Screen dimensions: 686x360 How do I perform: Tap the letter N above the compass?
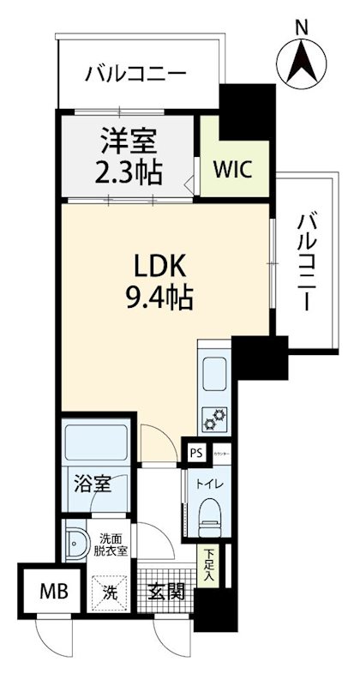302,27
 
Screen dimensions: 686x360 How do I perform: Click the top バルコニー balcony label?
135,74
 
